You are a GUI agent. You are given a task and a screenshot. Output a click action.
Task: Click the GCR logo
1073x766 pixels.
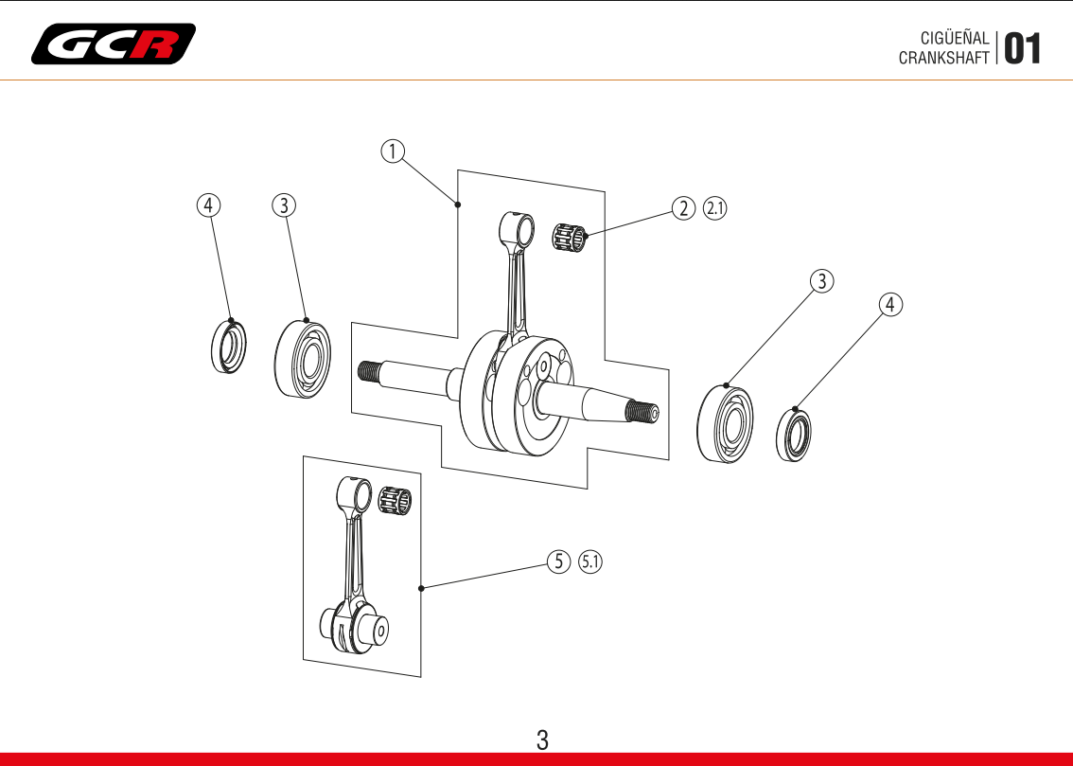114,44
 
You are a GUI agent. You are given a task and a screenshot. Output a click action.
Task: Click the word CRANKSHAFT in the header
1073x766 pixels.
943,57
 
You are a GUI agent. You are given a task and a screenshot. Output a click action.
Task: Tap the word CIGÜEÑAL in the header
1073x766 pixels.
954,39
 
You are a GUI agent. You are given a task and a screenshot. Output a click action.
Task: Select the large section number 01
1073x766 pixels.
1022,48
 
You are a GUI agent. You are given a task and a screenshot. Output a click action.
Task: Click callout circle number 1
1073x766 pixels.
393,151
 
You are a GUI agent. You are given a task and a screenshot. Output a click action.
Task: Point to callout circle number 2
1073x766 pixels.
683,208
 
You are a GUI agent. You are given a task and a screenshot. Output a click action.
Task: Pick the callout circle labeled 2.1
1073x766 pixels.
714,208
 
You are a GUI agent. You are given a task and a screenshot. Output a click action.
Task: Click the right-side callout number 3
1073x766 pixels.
822,280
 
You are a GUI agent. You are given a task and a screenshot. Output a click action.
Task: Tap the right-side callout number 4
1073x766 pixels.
890,304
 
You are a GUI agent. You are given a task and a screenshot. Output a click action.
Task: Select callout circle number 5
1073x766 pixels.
559,561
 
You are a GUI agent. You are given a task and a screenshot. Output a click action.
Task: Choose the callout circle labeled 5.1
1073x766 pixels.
590,561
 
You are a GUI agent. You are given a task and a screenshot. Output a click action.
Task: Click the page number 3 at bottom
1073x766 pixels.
542,739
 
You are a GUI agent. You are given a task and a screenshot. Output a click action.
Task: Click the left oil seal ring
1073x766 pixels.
227,347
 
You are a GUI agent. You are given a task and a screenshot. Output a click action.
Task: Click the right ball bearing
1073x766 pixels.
726,424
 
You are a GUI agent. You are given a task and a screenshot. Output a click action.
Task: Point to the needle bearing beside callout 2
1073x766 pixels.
570,238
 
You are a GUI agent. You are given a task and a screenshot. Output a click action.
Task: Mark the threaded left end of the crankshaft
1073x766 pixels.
369,371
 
